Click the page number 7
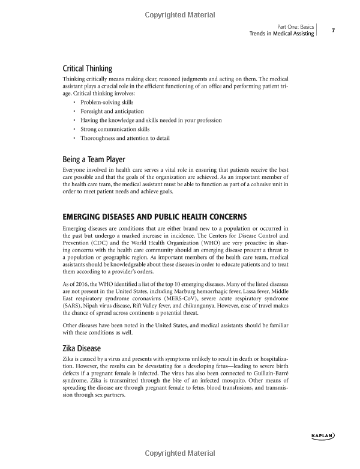pyautogui.click(x=332, y=30)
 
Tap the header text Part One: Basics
pyautogui.click(x=296, y=26)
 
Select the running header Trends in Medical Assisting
pyautogui.click(x=281, y=34)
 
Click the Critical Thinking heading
pyautogui.click(x=88, y=68)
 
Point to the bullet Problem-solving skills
pyautogui.click(x=107, y=103)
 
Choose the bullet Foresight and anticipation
pyautogui.click(x=112, y=111)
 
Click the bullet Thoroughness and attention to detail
pyautogui.click(x=125, y=138)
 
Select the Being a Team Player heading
pyautogui.click(x=94, y=160)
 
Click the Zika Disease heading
pyautogui.click(x=82, y=348)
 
